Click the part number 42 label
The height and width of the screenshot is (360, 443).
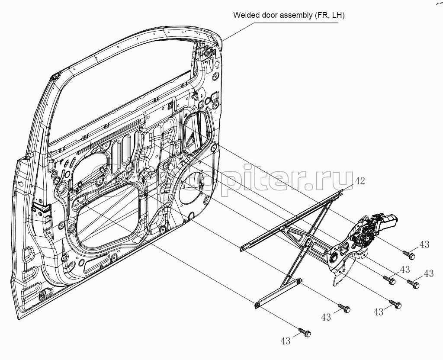(360, 181)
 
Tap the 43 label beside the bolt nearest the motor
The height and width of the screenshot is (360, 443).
(424, 245)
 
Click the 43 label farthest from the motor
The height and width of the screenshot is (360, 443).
(285, 341)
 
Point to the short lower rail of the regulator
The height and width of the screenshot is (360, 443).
(277, 294)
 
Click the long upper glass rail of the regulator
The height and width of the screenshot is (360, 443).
(294, 219)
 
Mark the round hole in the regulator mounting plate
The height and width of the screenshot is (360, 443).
(334, 259)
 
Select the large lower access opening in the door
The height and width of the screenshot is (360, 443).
(108, 221)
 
